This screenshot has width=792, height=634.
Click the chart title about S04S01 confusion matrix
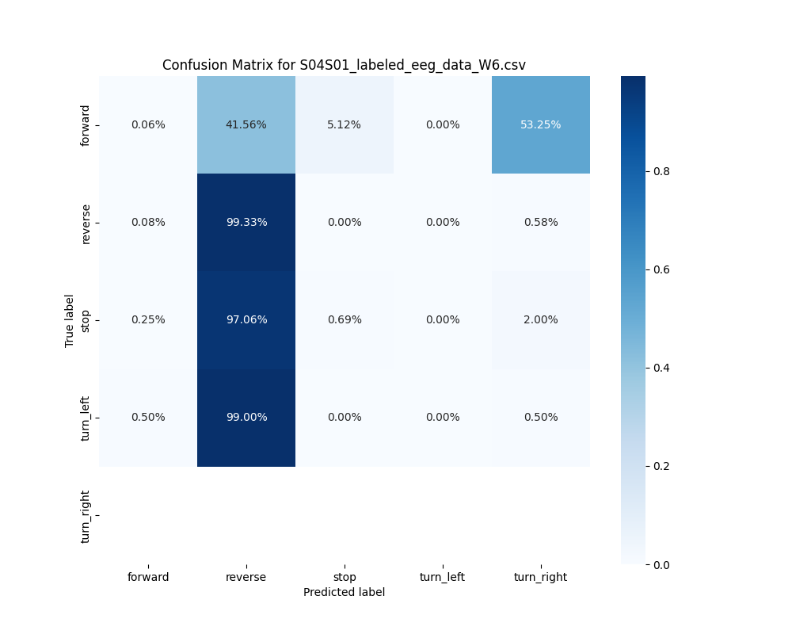click(344, 65)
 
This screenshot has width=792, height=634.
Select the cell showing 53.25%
click(540, 124)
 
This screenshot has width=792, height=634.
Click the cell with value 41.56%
click(246, 124)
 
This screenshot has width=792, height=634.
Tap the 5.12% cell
click(344, 124)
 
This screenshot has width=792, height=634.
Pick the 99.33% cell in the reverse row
click(246, 222)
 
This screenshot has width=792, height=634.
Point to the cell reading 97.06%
click(246, 319)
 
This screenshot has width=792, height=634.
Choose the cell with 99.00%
click(246, 417)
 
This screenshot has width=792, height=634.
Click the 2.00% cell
click(540, 319)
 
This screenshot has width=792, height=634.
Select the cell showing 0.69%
click(344, 319)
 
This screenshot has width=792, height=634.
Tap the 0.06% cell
click(148, 124)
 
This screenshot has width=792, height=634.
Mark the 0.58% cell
click(540, 222)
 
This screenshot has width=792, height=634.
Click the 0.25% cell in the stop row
click(148, 319)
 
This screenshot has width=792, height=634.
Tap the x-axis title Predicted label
click(344, 592)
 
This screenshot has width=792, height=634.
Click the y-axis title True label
click(70, 320)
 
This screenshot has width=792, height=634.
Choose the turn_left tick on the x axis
click(442, 577)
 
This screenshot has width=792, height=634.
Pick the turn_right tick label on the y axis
click(86, 516)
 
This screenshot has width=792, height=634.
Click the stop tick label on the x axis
click(344, 577)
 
